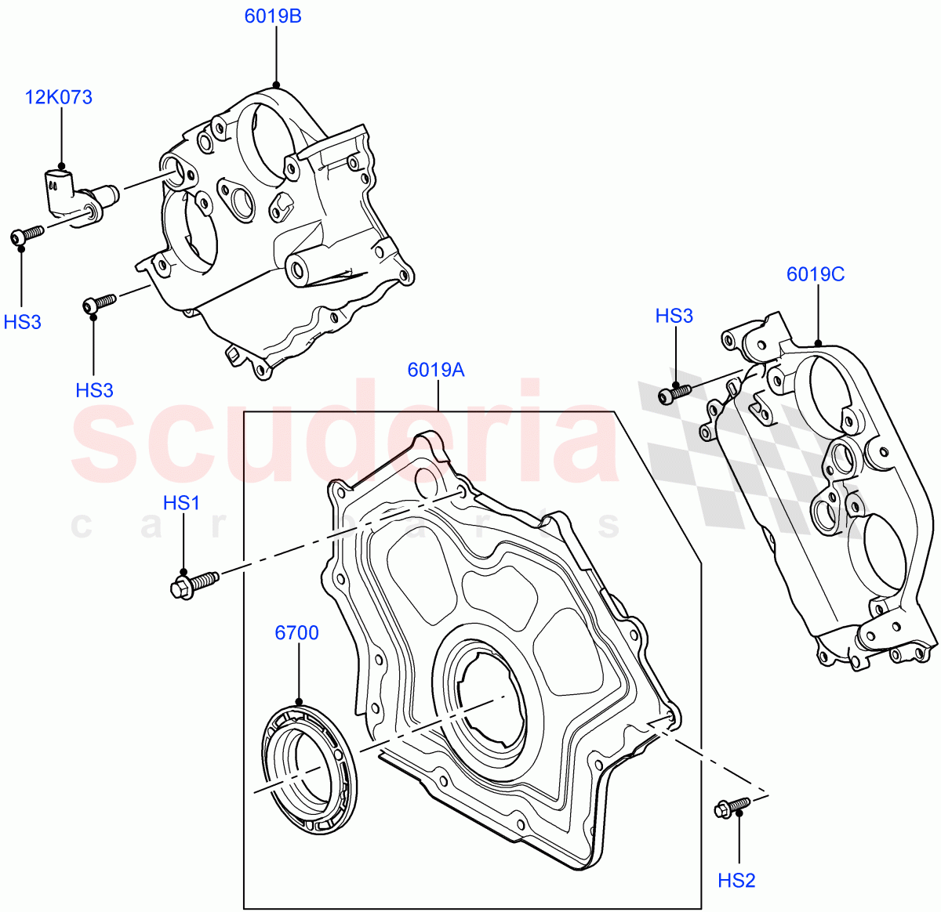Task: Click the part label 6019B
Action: point(272,16)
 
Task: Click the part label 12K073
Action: point(59,97)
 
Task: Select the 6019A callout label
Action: point(436,369)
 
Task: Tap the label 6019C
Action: point(816,274)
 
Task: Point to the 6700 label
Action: point(296,632)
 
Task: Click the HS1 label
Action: point(181,503)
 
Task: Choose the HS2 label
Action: point(736,881)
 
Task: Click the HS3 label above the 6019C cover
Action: point(674,316)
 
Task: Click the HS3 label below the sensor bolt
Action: point(22,321)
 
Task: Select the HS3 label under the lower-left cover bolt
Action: point(94,389)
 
